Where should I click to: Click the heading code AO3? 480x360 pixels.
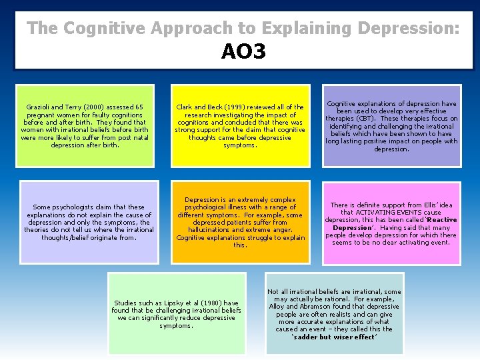tap(243, 51)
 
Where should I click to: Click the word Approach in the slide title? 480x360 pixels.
tap(207, 28)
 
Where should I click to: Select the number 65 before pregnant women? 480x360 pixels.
tap(139, 107)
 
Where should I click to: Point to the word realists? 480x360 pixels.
tap(340, 315)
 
